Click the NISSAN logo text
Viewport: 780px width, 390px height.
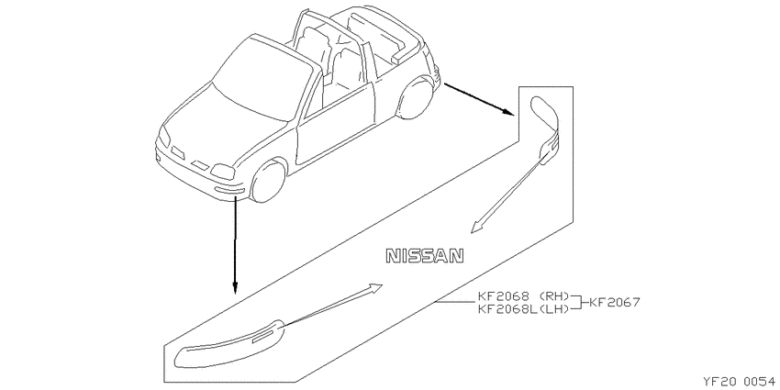point(425,256)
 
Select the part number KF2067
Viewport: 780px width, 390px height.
point(615,302)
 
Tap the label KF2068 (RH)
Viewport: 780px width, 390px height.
point(523,295)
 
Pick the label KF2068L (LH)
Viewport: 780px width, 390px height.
point(523,309)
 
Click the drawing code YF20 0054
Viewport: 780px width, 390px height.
point(740,382)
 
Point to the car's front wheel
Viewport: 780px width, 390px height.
point(268,181)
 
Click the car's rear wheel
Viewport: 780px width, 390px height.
point(413,98)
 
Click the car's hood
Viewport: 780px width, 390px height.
point(224,125)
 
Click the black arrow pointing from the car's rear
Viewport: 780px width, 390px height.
point(479,99)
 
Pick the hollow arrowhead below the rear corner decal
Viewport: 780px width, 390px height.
point(477,227)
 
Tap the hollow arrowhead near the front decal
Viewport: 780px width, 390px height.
point(374,289)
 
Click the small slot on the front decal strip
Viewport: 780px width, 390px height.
point(262,338)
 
